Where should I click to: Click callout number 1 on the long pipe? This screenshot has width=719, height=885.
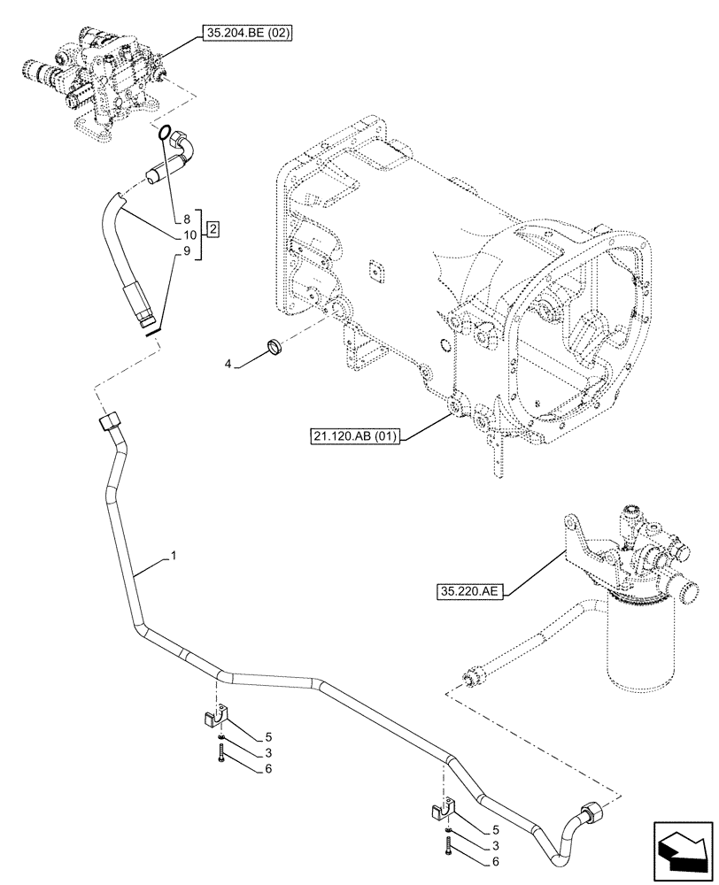174,556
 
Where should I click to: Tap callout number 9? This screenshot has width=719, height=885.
188,252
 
